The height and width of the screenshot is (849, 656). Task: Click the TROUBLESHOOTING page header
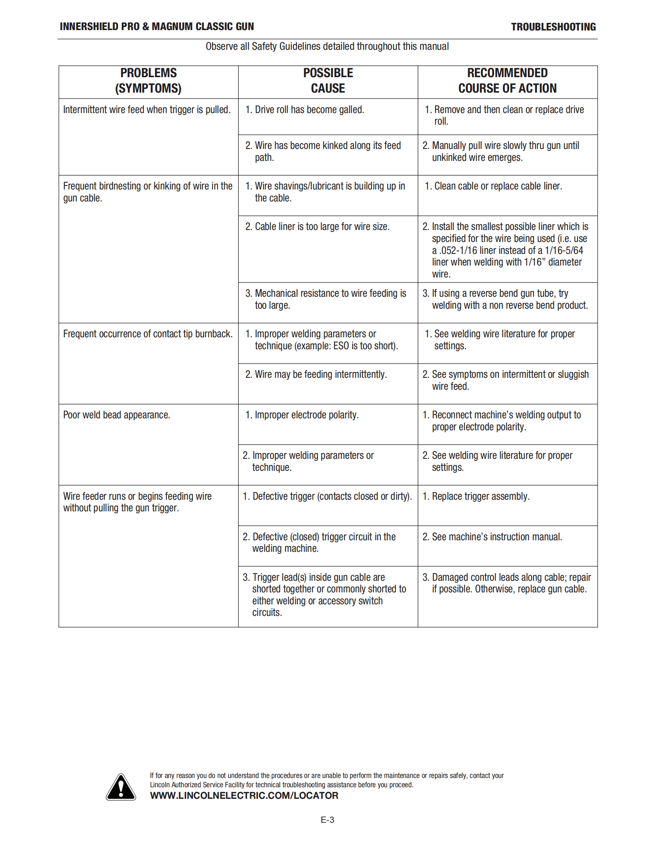point(553,27)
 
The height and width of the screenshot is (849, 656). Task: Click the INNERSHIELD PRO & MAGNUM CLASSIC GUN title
point(157,26)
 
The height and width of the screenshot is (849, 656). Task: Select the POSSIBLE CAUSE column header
point(328,81)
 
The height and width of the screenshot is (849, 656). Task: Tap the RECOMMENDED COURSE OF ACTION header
point(507,81)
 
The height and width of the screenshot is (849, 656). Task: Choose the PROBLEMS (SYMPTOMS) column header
point(148,81)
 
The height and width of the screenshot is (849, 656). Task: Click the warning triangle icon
point(121,787)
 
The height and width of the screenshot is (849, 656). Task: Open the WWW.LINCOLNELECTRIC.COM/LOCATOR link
point(244,795)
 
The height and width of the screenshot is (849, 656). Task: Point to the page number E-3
point(327,820)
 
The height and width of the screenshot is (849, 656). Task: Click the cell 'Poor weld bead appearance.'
point(117,415)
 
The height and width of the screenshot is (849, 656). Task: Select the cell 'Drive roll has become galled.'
point(309,110)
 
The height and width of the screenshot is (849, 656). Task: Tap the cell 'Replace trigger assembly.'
point(480,496)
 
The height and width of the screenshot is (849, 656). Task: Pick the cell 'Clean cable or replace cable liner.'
point(498,186)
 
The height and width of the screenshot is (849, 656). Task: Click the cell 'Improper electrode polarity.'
point(306,415)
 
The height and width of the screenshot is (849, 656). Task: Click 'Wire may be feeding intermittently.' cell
point(320,374)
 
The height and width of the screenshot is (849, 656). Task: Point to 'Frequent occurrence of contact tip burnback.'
point(148,333)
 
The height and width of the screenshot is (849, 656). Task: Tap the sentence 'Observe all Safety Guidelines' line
point(327,46)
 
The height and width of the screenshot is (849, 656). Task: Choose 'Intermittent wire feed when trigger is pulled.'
point(147,110)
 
